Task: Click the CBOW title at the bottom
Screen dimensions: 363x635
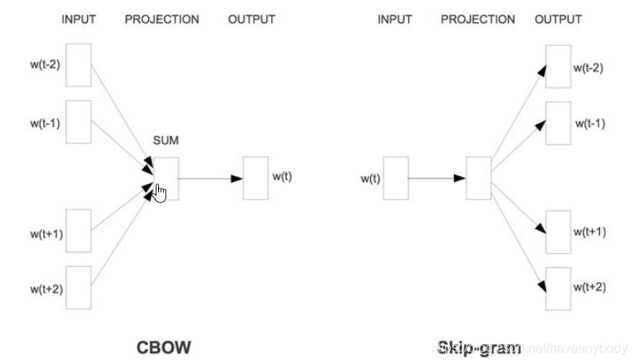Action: coord(163,348)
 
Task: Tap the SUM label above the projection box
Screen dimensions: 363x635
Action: coord(165,141)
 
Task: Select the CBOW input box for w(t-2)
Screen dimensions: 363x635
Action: coord(77,65)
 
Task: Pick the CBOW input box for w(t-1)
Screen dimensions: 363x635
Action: coord(77,122)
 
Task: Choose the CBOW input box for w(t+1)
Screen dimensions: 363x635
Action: coord(77,232)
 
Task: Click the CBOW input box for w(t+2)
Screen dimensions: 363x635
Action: coord(77,287)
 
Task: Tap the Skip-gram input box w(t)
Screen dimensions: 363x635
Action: coord(395,178)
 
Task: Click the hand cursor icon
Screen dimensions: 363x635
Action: coord(160,194)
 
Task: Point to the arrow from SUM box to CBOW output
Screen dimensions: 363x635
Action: coord(210,178)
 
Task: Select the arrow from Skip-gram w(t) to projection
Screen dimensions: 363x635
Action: coord(436,178)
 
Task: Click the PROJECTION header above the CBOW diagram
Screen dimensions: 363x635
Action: coord(162,20)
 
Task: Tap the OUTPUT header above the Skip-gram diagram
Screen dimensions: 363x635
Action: coord(558,20)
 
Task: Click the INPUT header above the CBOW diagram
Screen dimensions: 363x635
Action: coord(79,20)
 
